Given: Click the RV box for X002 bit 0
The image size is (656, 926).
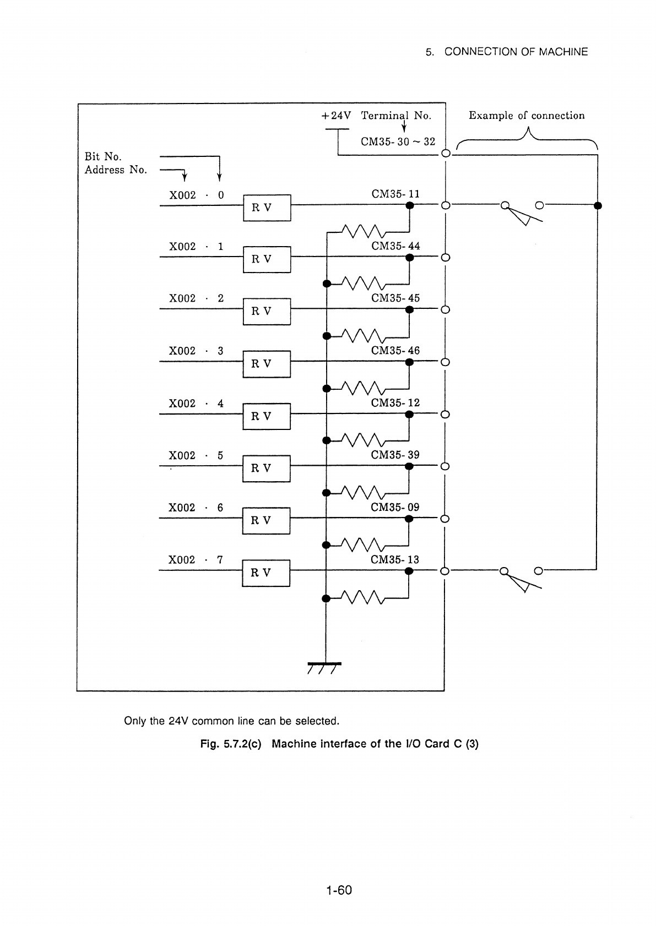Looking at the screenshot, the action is tap(267, 208).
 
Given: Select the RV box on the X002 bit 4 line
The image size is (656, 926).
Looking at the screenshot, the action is tap(267, 416).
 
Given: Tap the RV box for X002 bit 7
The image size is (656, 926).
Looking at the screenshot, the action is tap(266, 573).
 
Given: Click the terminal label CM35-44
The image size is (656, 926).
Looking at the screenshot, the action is tap(395, 246).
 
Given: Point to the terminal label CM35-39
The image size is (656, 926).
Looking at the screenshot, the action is tap(395, 455).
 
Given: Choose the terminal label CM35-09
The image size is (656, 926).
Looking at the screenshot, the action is tap(395, 507).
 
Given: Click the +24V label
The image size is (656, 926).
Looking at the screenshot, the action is tap(336, 115).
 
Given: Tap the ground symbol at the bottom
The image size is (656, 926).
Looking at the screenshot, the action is tap(324, 668).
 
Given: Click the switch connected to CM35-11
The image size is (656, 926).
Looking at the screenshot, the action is tap(522, 211).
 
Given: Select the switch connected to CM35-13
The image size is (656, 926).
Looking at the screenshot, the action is tap(521, 578).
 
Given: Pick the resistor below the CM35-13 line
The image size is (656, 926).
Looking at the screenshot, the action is tap(363, 597).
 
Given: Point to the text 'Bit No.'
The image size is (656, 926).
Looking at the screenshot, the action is tap(103, 157).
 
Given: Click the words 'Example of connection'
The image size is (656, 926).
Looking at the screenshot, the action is tap(527, 115).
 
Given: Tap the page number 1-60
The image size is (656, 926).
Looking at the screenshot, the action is tap(339, 890).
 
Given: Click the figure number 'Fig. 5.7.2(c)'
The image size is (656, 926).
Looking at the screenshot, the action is tap(231, 744).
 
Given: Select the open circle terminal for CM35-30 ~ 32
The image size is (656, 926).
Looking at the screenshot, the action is tap(446, 154).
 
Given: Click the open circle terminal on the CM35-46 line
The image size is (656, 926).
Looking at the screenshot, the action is tap(445, 362).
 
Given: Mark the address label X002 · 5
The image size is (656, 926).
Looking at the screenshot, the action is tap(196, 455).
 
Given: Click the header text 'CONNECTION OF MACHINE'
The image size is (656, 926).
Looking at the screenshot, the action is tap(516, 52).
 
